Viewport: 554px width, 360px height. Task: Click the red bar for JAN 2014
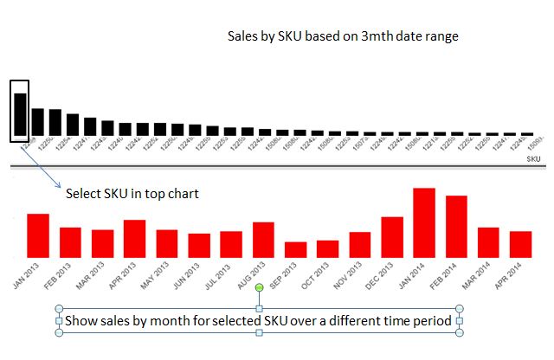pyautogui.click(x=424, y=222)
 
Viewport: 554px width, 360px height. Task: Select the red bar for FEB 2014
pyautogui.click(x=456, y=226)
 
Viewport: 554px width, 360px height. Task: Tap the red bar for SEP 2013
pyautogui.click(x=296, y=249)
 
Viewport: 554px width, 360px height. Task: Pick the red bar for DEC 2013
pyautogui.click(x=392, y=236)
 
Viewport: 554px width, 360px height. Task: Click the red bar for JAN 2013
pyautogui.click(x=38, y=235)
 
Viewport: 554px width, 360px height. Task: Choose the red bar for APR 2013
pyautogui.click(x=134, y=238)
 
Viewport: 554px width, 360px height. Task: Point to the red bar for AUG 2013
pyautogui.click(x=263, y=239)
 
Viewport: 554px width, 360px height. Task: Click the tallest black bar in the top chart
pyautogui.click(x=20, y=113)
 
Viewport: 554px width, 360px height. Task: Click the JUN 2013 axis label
pyautogui.click(x=180, y=279)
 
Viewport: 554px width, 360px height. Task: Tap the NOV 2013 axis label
pyautogui.click(x=341, y=279)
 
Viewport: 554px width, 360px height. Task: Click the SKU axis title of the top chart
pyautogui.click(x=533, y=159)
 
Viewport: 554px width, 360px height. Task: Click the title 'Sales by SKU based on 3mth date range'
pyautogui.click(x=342, y=36)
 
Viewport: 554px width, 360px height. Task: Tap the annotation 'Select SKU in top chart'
pyautogui.click(x=132, y=193)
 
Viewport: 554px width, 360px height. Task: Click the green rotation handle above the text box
pyautogui.click(x=259, y=299)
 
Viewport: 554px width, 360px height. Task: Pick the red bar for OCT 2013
pyautogui.click(x=328, y=248)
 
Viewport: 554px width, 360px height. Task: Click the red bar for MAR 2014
pyautogui.click(x=488, y=241)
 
